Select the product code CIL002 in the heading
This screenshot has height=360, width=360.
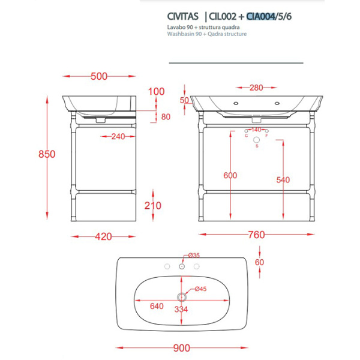coord(223,17)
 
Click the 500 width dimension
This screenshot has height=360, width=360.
coord(100,76)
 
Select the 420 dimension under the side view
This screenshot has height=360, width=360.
coord(103,236)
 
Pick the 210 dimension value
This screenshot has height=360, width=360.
coord(154,206)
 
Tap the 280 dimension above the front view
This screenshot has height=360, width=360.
coord(256,88)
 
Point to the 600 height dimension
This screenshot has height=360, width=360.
coord(230,176)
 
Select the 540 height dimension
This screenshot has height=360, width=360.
coord(283,179)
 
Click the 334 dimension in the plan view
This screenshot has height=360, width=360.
coord(181,309)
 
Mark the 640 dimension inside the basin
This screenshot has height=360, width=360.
coord(157,307)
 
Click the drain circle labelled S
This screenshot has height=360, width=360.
coord(257,139)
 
